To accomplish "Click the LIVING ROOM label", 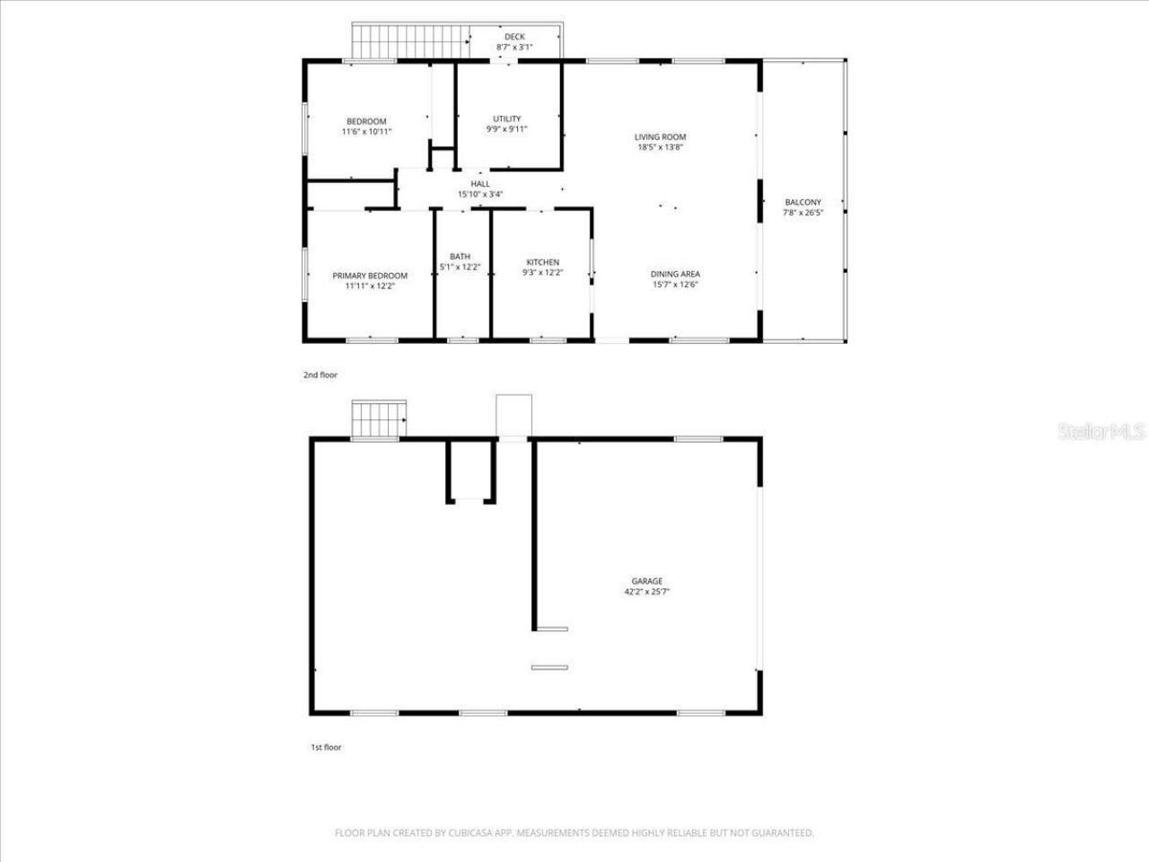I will [x=661, y=137].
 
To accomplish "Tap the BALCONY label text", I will [x=803, y=203].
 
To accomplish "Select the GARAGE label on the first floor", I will [x=647, y=582].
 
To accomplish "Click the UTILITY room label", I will [x=506, y=119].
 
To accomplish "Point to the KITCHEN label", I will [x=542, y=262].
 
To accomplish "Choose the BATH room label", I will [x=460, y=257].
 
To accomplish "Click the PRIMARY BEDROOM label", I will [x=370, y=276].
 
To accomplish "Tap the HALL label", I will [x=480, y=184].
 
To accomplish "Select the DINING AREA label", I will [x=675, y=275].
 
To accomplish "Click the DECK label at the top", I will [x=514, y=37].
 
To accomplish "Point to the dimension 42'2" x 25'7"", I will [x=647, y=593].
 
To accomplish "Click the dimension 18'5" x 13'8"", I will [x=661, y=147].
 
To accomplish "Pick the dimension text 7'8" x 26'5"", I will [x=803, y=214].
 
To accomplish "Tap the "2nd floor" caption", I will [x=320, y=375].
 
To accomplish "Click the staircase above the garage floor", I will [x=378, y=418].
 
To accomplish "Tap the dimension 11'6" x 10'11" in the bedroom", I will [x=366, y=132].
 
